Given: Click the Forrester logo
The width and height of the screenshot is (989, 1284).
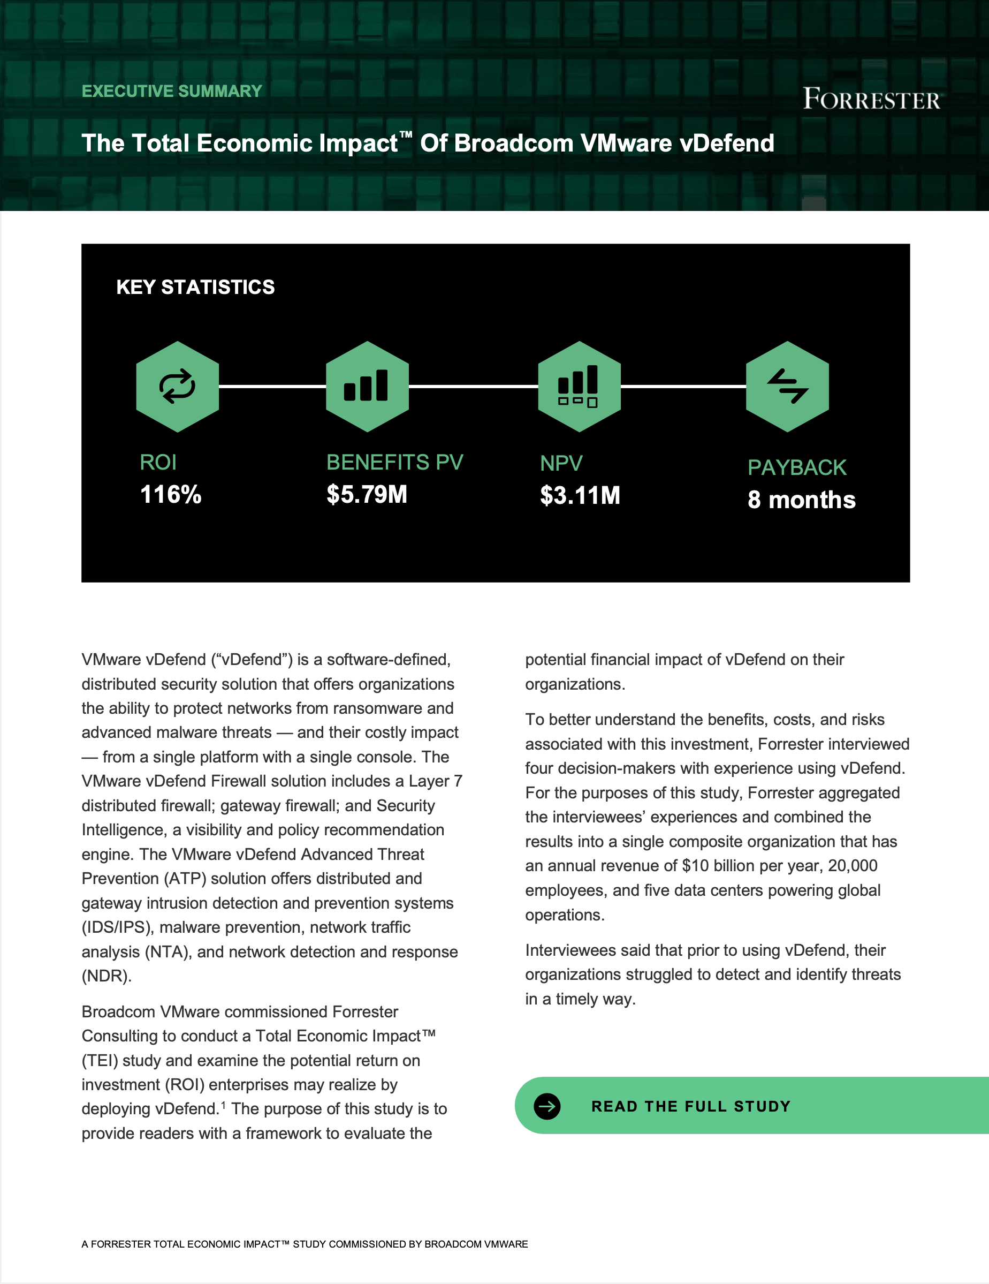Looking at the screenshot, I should coord(871,99).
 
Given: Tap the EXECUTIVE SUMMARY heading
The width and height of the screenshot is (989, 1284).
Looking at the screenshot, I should coord(172,91).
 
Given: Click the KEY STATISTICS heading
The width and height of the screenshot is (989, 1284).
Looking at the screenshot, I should coord(195,287).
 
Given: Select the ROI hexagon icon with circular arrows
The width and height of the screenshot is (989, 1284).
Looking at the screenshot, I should coord(178,386).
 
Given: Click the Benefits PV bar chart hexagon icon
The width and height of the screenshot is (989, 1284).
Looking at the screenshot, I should coord(367,386).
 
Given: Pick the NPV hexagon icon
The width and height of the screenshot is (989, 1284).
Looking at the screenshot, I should coord(579,386).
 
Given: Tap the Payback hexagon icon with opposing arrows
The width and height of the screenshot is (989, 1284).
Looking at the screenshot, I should coord(787,386).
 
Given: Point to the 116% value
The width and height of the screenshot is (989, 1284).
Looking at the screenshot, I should coord(170,494).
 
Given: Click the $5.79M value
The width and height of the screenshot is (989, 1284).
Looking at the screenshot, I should coord(367,494).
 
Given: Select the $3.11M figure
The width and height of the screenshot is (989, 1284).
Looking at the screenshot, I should coord(580,496).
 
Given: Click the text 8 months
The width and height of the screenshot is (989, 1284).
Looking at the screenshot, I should coord(801,500).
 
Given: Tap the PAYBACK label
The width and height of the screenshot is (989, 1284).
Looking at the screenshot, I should coord(797,467).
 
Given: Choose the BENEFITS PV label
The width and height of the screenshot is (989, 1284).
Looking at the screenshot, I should coord(394,463).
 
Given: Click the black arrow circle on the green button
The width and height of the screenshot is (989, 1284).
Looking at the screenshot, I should coord(547,1106).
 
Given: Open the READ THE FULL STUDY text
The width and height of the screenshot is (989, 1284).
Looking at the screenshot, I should coord(690,1106).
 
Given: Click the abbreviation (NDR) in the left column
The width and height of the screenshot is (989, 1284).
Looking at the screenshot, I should coord(106,977).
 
